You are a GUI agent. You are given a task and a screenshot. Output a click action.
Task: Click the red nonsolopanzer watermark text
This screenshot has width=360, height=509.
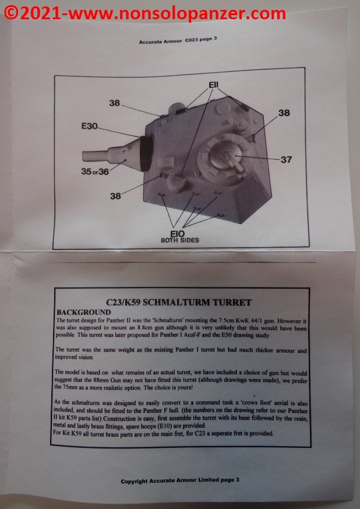[x=145, y=14]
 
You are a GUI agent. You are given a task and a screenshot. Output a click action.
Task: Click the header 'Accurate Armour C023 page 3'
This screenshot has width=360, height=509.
[x=178, y=40]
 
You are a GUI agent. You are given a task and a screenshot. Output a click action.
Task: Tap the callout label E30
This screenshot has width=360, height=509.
[x=89, y=126]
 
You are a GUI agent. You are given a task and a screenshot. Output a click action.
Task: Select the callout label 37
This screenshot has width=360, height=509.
[x=287, y=159]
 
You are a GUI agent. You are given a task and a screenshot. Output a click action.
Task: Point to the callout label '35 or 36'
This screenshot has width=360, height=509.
[x=95, y=171]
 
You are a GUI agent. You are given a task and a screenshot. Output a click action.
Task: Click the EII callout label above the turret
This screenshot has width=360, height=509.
[x=213, y=85]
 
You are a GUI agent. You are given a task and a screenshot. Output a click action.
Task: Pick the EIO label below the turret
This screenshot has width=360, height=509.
[x=178, y=233]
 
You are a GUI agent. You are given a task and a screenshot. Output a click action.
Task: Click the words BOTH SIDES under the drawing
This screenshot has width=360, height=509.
[x=180, y=241]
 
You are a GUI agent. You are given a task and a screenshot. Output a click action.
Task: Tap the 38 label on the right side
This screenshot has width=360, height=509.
[x=284, y=113]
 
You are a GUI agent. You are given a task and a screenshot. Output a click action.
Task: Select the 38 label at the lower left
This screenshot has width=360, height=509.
[x=115, y=196]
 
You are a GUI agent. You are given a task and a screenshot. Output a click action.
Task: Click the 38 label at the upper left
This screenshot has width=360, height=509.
[x=115, y=103]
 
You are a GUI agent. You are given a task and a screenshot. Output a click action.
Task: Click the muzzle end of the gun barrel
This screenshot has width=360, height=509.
[x=84, y=156]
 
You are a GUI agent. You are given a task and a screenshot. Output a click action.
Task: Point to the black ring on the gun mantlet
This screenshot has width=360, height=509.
[x=147, y=153]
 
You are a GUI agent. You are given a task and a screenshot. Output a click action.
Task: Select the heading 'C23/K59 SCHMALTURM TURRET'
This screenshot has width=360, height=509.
[x=179, y=303]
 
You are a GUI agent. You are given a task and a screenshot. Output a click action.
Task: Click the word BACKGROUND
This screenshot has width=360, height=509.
[x=84, y=313]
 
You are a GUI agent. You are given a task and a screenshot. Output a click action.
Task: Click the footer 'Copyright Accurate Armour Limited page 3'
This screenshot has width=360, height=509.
[x=180, y=480]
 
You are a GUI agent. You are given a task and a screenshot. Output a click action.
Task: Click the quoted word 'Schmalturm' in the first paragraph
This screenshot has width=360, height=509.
[x=162, y=321]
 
